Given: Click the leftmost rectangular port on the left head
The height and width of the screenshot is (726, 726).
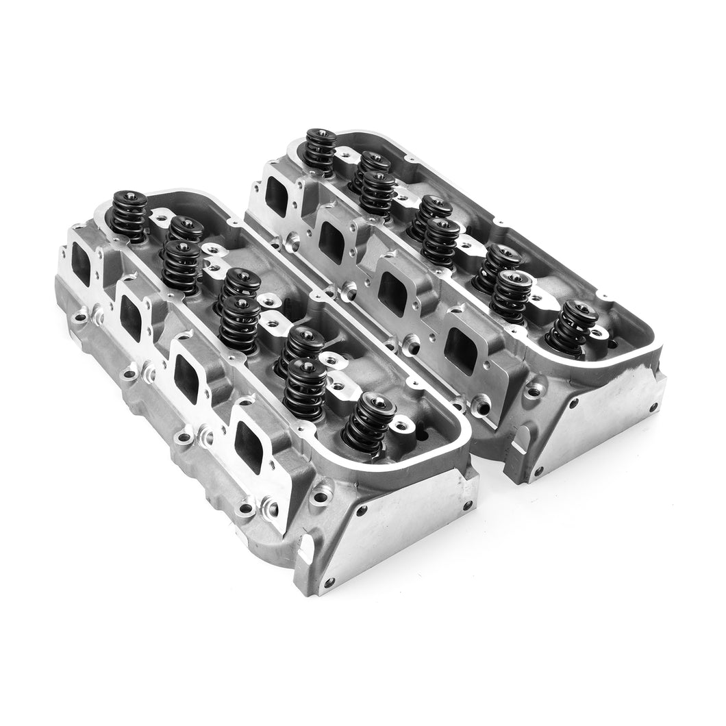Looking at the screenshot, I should click(x=81, y=265).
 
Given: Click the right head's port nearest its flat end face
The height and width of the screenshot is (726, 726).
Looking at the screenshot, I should click(x=460, y=351).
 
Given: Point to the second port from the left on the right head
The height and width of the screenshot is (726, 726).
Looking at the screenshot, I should click(x=332, y=242).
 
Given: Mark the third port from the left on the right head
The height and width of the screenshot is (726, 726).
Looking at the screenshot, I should click(x=392, y=293).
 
